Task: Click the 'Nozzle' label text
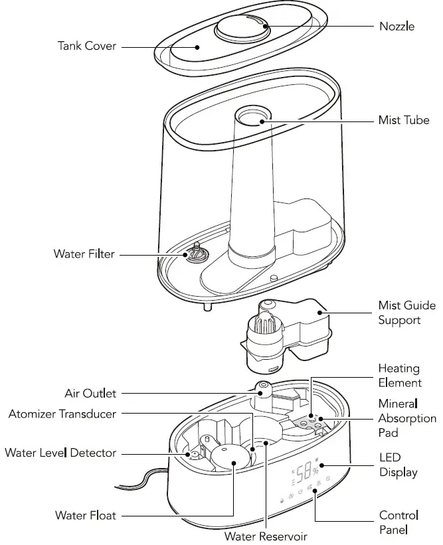[397, 27]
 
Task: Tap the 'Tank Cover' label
[87, 46]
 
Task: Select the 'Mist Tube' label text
[404, 121]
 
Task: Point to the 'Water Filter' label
[84, 254]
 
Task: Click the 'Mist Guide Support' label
[399, 313]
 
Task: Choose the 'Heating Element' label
[400, 375]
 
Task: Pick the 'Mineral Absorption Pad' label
[407, 418]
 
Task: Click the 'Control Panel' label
[399, 522]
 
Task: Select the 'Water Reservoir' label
[266, 536]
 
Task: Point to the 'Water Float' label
[86, 515]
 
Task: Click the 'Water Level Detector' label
[60, 453]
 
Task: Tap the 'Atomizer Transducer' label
[62, 414]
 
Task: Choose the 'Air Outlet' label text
[90, 394]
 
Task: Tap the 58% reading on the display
[306, 473]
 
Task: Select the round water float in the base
[229, 457]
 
